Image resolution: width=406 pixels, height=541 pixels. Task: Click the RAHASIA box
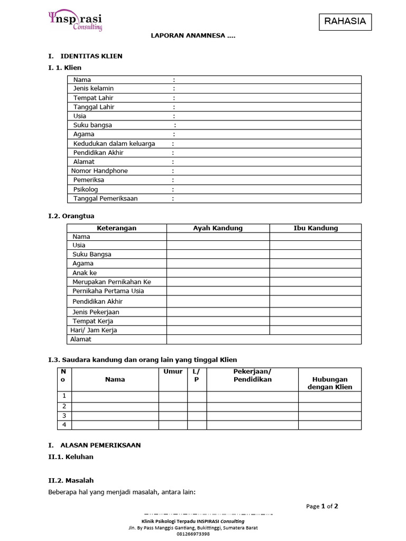pyautogui.click(x=345, y=22)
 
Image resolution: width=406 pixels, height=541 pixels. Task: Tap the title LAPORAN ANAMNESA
pyautogui.click(x=193, y=36)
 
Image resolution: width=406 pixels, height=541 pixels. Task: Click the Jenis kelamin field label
pyautogui.click(x=94, y=89)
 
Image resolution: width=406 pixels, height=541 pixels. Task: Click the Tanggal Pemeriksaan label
pyautogui.click(x=106, y=199)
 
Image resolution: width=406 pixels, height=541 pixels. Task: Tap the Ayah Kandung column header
pyautogui.click(x=218, y=228)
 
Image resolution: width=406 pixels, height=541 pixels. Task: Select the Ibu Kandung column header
pyautogui.click(x=316, y=228)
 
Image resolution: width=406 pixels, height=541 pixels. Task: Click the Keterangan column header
pyautogui.click(x=116, y=228)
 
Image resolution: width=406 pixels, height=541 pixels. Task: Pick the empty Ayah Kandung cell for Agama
pyautogui.click(x=218, y=264)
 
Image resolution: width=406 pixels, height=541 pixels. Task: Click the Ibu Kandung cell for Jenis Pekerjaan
pyautogui.click(x=316, y=312)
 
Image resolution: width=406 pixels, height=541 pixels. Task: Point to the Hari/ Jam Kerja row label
pyautogui.click(x=94, y=330)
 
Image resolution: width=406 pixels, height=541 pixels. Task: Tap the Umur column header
pyautogui.click(x=173, y=372)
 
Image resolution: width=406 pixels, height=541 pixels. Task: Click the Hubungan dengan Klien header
pyautogui.click(x=330, y=383)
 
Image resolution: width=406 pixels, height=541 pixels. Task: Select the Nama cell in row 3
pyautogui.click(x=115, y=416)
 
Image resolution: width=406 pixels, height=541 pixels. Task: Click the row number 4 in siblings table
pyautogui.click(x=64, y=425)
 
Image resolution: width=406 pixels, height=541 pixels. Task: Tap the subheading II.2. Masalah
pyautogui.click(x=71, y=480)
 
